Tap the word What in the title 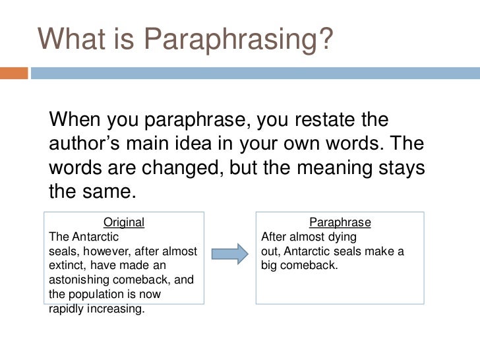(x=69, y=41)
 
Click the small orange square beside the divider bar (x=14, y=73)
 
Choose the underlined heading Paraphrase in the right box (x=340, y=222)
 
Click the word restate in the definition (x=334, y=121)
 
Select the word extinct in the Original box (x=68, y=266)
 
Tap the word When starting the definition (x=73, y=121)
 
